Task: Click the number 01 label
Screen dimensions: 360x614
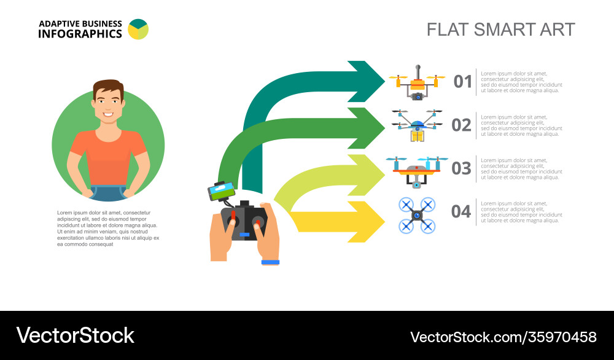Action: [463, 82]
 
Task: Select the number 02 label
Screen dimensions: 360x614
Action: [461, 125]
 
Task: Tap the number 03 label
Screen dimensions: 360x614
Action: [461, 168]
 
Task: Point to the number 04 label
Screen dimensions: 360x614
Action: [461, 212]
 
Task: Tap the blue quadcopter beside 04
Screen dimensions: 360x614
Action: [417, 215]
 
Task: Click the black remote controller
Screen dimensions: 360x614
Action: [244, 221]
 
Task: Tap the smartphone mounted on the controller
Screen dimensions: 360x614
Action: [222, 190]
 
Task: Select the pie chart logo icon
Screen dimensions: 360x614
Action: [138, 29]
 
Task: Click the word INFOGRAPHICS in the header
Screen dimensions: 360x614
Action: [80, 34]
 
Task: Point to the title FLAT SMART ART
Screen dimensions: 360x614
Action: [500, 29]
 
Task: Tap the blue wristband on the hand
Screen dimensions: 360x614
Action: [270, 262]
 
